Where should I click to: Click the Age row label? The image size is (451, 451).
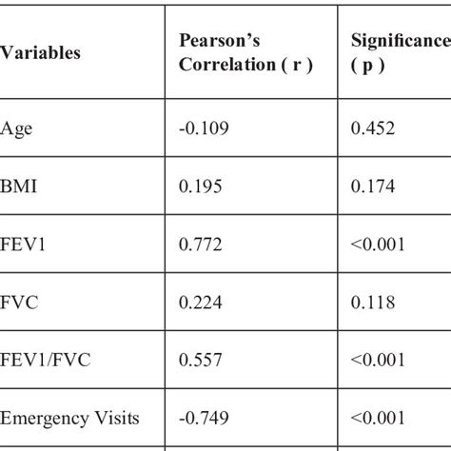coord(16,128)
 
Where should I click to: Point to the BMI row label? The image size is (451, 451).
coord(19,186)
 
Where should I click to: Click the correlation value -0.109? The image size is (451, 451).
coord(203,128)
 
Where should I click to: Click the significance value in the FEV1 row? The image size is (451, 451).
coord(378,245)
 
